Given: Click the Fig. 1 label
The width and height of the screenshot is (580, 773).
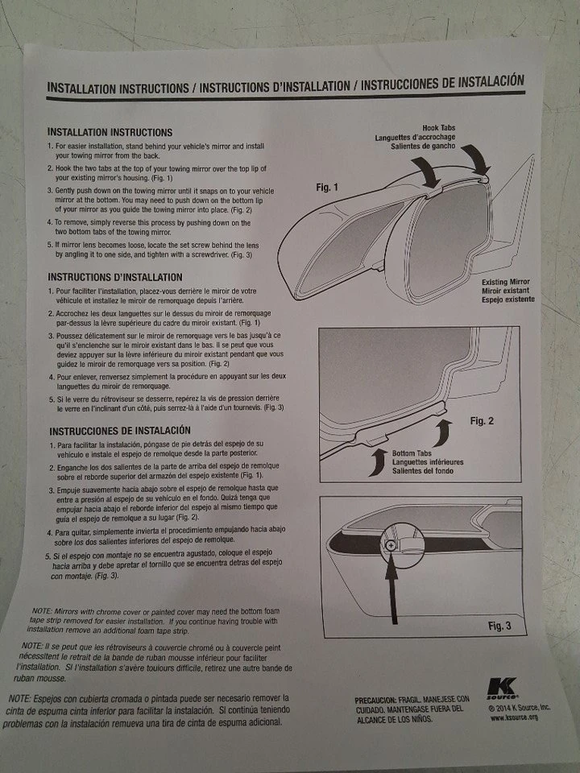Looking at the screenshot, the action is [327, 188].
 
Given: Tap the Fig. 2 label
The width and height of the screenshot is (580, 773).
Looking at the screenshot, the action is [482, 420].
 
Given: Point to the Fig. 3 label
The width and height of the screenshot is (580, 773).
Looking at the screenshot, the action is [499, 626].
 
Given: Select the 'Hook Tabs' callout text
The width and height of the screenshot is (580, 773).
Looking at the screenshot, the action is [438, 128].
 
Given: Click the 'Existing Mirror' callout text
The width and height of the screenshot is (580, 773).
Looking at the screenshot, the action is [506, 282].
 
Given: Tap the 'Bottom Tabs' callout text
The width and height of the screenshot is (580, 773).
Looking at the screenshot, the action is [412, 453].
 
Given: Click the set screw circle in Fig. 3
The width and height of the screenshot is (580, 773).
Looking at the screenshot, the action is [391, 546].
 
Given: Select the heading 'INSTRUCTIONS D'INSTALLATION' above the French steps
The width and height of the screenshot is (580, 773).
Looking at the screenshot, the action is [115, 277].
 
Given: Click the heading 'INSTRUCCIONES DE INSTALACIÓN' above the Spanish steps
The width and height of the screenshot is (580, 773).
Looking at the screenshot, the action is [120, 430].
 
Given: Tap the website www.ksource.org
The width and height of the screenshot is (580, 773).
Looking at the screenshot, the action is [514, 717].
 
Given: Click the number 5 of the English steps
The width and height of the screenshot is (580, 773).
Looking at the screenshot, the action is [50, 245].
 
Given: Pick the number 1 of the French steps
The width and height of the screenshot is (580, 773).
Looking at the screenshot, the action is [51, 291].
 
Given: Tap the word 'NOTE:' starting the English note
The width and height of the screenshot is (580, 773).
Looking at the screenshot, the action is [41, 611].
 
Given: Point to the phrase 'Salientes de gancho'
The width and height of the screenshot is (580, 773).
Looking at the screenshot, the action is [423, 147].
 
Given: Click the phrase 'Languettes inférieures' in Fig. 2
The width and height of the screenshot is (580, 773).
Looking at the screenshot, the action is [428, 462].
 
